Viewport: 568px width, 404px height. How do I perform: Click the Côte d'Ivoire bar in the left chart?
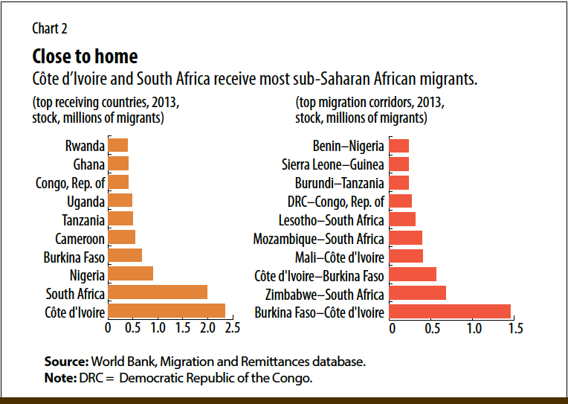click(167, 311)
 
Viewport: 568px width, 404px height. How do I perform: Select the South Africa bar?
click(158, 292)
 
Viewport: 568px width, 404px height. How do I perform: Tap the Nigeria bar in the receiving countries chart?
click(131, 275)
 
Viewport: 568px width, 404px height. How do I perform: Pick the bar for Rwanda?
click(118, 145)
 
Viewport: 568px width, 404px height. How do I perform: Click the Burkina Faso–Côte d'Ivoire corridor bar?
click(450, 311)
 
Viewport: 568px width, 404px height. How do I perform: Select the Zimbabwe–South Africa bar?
click(417, 293)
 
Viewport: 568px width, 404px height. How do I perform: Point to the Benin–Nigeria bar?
click(399, 146)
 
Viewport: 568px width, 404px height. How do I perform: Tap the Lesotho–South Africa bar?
click(402, 219)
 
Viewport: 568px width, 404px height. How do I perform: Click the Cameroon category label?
click(80, 238)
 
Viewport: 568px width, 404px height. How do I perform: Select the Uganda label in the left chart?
click(83, 201)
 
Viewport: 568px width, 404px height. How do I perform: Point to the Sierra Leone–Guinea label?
click(332, 164)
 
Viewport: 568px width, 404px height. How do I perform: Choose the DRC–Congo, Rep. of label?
click(335, 201)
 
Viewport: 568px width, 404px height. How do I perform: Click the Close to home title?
click(85, 57)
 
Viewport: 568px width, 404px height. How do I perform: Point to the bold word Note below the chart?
click(59, 378)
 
